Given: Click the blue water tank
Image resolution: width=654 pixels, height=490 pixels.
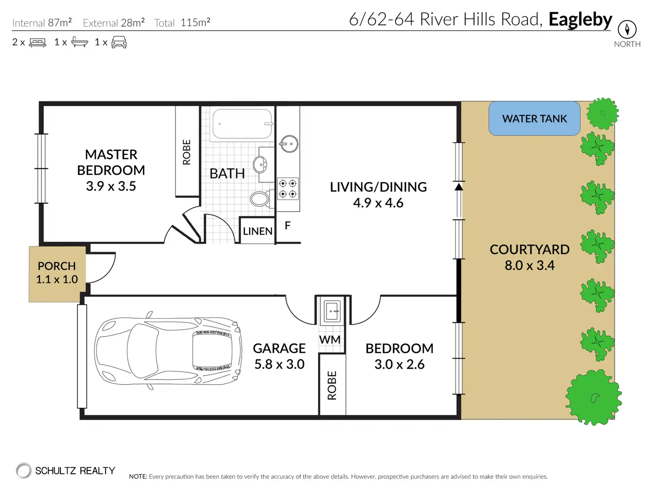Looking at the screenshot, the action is [x=534, y=118].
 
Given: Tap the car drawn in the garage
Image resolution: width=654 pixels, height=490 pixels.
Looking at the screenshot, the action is [x=168, y=351].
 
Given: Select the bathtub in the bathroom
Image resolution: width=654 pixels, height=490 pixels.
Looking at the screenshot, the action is [x=242, y=123].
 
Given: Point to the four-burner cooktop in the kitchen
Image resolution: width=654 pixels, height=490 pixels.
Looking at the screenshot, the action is [x=287, y=189].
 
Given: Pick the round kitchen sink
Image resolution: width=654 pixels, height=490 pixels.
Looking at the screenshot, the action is [x=289, y=144].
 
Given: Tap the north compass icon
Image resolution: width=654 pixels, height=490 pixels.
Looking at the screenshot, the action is [x=627, y=29].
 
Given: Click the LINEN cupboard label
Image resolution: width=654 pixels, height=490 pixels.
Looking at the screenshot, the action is [x=257, y=231].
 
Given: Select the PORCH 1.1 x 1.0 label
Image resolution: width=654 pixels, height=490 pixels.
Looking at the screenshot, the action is [x=56, y=273].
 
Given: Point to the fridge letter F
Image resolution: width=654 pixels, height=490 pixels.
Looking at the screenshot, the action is [x=287, y=226].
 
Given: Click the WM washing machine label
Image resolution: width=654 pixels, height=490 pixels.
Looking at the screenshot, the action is [x=330, y=339].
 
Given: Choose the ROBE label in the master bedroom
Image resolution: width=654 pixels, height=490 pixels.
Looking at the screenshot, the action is [x=187, y=152].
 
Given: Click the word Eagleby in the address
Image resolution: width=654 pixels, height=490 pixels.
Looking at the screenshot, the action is [x=580, y=20].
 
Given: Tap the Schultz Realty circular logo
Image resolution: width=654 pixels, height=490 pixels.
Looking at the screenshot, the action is [x=24, y=470].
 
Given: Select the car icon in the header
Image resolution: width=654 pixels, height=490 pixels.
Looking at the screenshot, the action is [x=119, y=42].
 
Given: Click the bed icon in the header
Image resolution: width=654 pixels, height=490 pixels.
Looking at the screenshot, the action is [x=37, y=43].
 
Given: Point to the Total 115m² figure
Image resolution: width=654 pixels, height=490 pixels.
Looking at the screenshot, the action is [x=182, y=23].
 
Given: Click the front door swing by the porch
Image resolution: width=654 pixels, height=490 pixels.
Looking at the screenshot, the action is [x=101, y=267].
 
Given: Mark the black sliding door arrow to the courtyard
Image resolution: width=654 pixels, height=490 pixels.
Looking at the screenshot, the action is [x=459, y=187].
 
